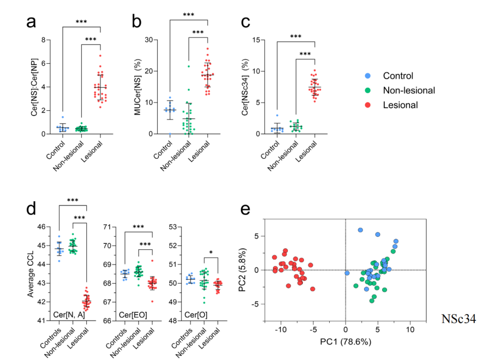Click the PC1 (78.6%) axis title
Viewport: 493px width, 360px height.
click(x=346, y=342)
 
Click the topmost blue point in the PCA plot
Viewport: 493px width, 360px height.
click(x=360, y=230)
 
